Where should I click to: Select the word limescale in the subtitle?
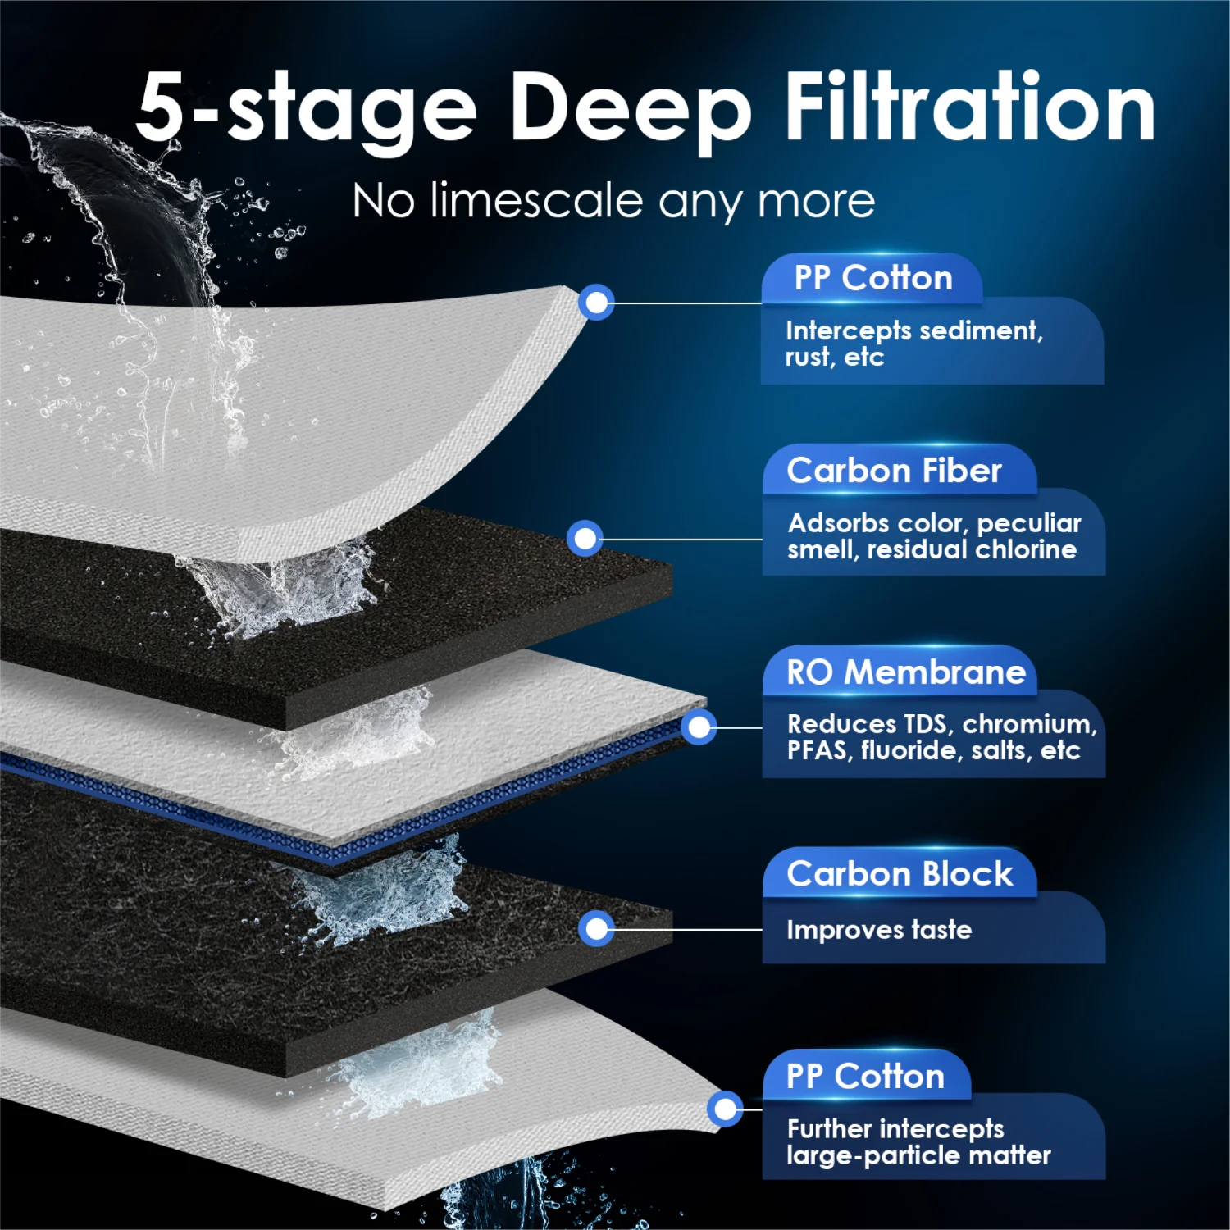coord(536,201)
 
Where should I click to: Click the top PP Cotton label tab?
coord(872,279)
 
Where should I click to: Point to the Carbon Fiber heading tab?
coord(895,471)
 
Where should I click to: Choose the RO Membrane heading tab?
coord(905,672)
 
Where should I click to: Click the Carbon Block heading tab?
coord(900,874)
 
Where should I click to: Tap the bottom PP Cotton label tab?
coord(865,1076)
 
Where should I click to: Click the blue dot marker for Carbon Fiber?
coord(585,539)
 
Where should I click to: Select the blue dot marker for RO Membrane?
coord(699,727)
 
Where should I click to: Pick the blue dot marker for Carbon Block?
coord(596,928)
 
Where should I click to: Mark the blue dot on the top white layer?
coord(596,303)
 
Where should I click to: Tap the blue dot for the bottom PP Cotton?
coord(725,1109)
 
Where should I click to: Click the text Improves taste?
coord(878,930)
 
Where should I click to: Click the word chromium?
coord(1028,724)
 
